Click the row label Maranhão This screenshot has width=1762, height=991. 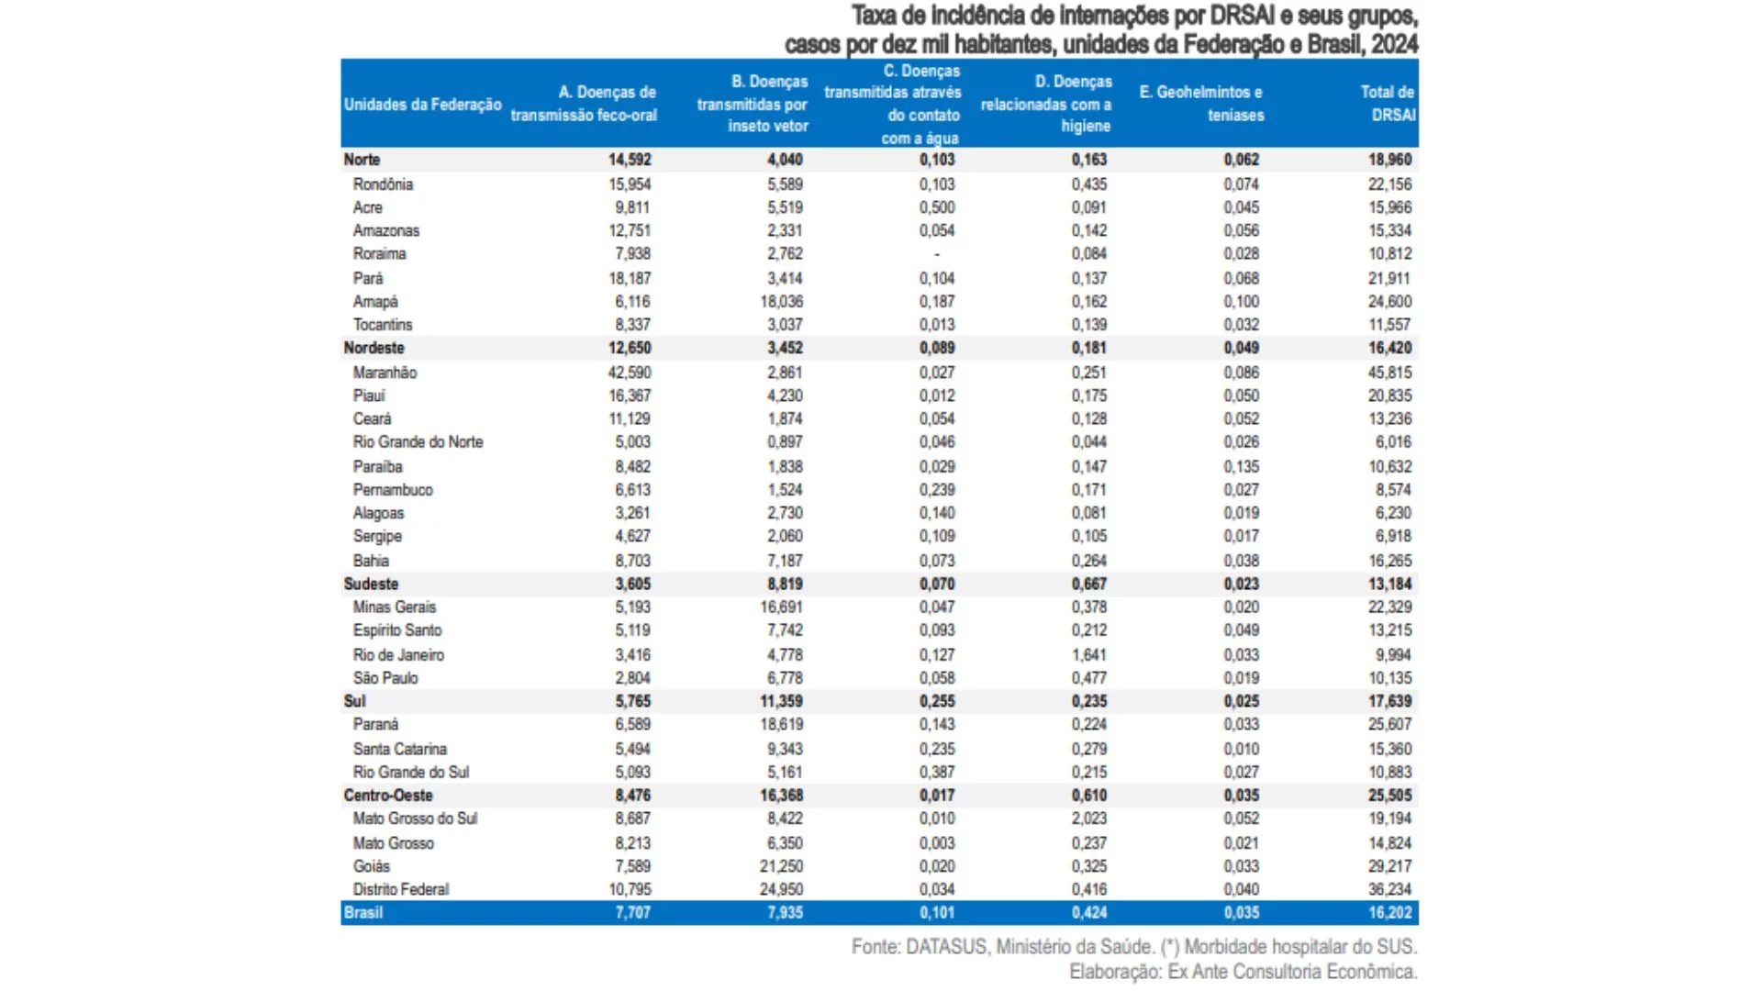pos(385,373)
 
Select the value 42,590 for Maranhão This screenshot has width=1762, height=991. pos(630,373)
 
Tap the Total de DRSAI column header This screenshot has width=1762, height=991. pos(1388,104)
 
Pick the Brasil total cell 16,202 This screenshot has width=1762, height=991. pos(1389,913)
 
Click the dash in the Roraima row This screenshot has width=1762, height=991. pos(937,254)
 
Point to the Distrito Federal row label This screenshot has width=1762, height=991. pos(401,889)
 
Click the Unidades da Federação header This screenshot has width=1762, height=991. pos(422,105)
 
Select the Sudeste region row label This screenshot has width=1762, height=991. pos(371,585)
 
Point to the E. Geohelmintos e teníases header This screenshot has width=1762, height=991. pos(1201,104)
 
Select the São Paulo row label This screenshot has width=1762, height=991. pos(385,678)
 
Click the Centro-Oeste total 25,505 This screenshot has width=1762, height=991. pos(1389,796)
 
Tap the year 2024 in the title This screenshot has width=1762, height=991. pos(1395,44)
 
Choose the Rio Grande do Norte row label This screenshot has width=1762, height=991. pos(418,442)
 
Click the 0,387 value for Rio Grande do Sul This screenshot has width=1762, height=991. pos(937,773)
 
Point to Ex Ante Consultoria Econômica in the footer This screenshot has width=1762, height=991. pos(1291,972)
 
